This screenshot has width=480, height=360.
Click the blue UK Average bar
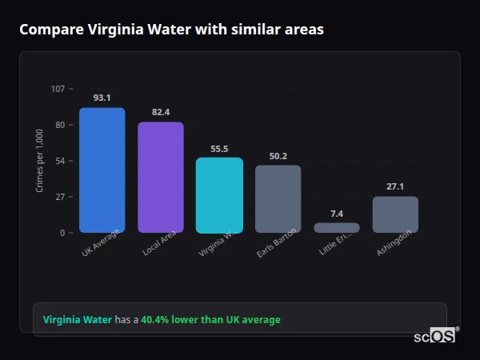pos(102,170)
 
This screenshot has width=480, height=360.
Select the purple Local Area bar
pos(161,178)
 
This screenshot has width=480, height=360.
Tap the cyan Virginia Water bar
pos(219,195)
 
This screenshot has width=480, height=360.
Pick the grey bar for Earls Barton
pos(278,199)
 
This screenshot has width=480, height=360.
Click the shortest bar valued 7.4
pos(337,228)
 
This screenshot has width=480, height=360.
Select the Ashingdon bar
pos(395,214)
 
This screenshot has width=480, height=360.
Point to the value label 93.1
pos(102,98)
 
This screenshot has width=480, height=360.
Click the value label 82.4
pos(161,112)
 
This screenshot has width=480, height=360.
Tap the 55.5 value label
pos(219,148)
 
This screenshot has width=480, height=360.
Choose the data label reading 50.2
pos(278,156)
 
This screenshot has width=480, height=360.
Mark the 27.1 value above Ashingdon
pos(395,186)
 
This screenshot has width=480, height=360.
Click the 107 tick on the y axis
pos(58,89)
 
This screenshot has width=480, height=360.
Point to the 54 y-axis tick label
pos(60,161)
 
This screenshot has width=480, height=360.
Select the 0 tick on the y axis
pos(62,233)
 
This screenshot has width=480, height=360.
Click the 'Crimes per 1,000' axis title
pos(40,160)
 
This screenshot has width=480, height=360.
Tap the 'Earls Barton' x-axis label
pos(278,243)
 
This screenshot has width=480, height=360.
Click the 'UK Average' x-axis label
pos(101,243)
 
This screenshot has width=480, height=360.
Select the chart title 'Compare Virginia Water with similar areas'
pos(171,30)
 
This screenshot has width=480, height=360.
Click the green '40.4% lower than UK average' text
pos(210,320)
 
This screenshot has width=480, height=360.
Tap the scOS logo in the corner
pos(435,336)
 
